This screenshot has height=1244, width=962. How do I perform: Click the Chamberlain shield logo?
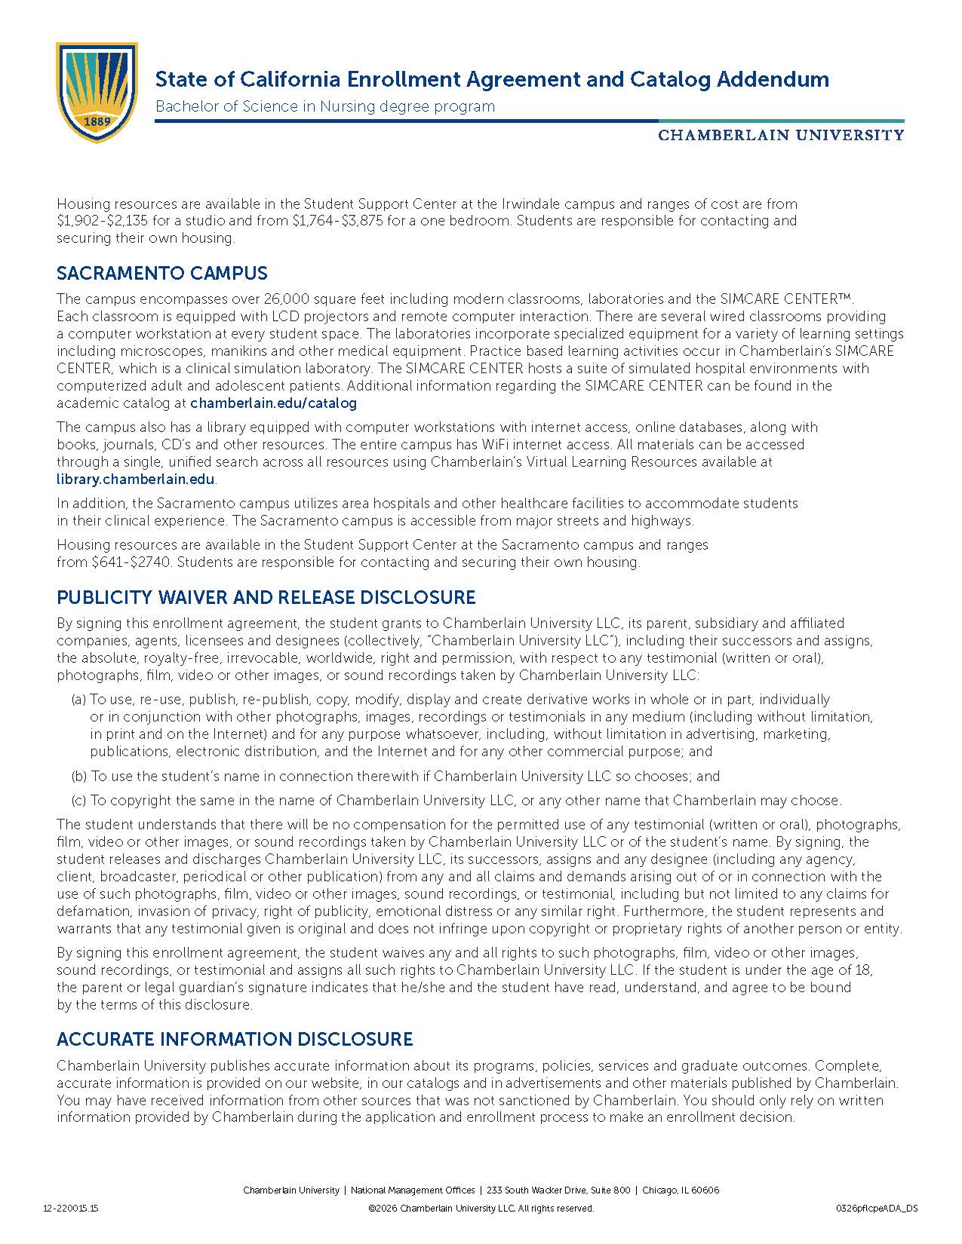coord(97,92)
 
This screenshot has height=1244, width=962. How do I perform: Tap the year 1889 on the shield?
coord(97,121)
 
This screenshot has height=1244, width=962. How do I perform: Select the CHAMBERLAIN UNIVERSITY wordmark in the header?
coord(781,136)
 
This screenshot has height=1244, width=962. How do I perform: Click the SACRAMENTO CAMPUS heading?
coord(162,274)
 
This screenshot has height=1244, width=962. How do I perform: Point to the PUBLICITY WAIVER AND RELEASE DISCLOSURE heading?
coord(266,598)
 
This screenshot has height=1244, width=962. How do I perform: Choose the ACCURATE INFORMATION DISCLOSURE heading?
coord(235,1040)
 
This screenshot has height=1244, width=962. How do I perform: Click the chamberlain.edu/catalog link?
coord(273,403)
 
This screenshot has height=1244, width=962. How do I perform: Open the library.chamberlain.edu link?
coord(136,480)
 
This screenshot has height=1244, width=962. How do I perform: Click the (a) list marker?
coord(78,700)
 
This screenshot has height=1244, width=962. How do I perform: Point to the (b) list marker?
coord(78,777)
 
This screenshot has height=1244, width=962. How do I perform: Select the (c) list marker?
coord(78,801)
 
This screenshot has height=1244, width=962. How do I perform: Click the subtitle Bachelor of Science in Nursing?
coord(324,106)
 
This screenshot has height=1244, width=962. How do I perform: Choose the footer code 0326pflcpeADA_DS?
coord(877,1209)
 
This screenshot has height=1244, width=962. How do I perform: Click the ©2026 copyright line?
coord(481,1209)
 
